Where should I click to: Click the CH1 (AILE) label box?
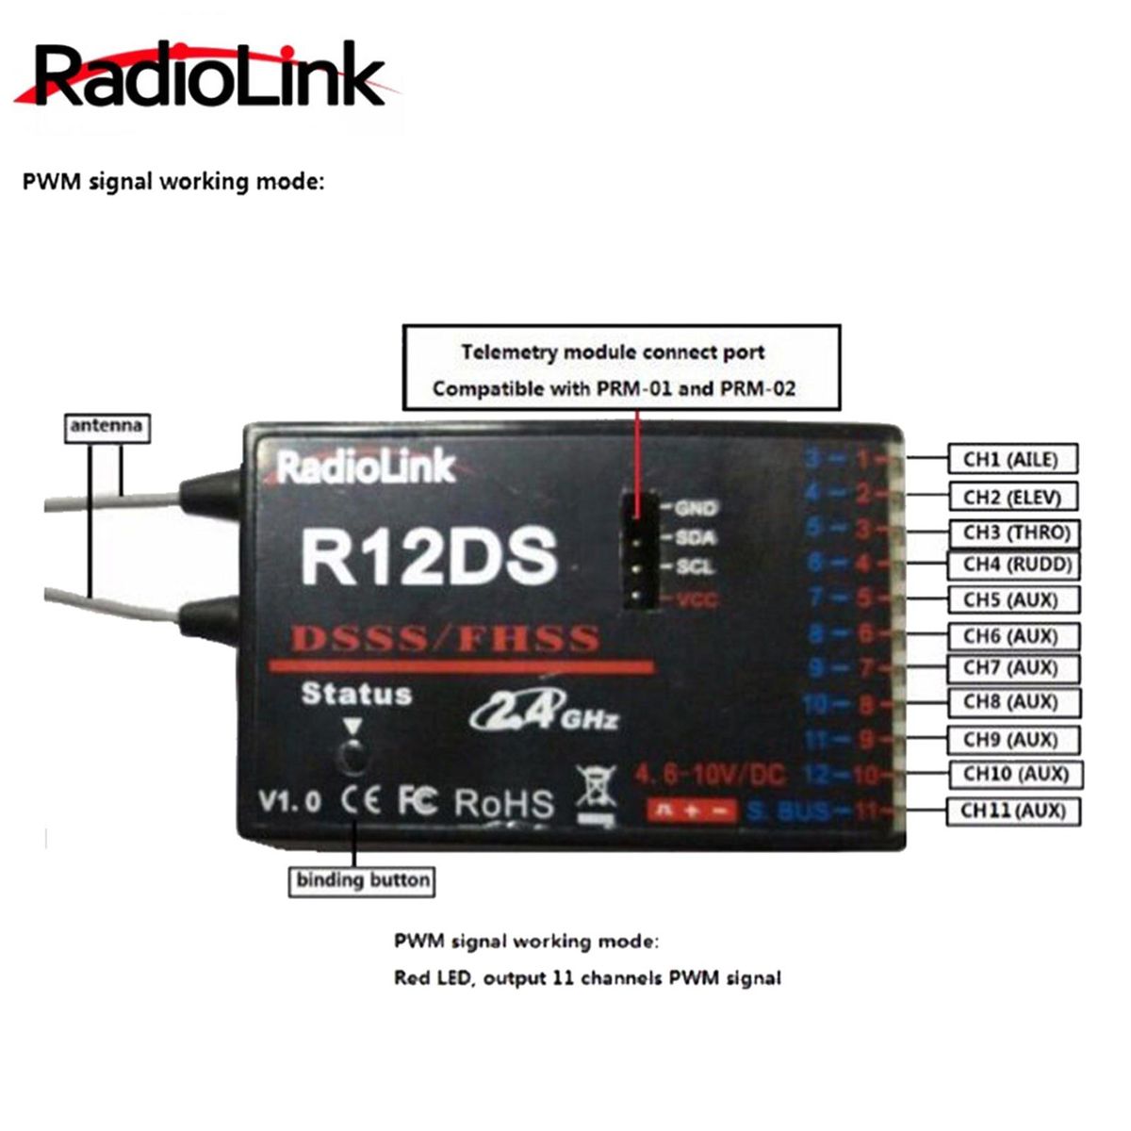pyautogui.click(x=1010, y=460)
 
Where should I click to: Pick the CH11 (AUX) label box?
pyautogui.click(x=1013, y=811)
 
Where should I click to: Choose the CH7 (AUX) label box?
pyautogui.click(x=1010, y=668)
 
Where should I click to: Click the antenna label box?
pyautogui.click(x=107, y=426)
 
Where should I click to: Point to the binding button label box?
pyautogui.click(x=363, y=881)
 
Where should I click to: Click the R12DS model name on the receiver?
pyautogui.click(x=429, y=556)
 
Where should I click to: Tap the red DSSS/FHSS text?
pyautogui.click(x=445, y=639)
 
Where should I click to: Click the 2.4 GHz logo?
pyautogui.click(x=544, y=711)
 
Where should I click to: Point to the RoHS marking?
pyautogui.click(x=504, y=802)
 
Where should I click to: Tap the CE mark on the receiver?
pyautogui.click(x=361, y=800)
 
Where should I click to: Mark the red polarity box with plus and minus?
pyautogui.click(x=691, y=810)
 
